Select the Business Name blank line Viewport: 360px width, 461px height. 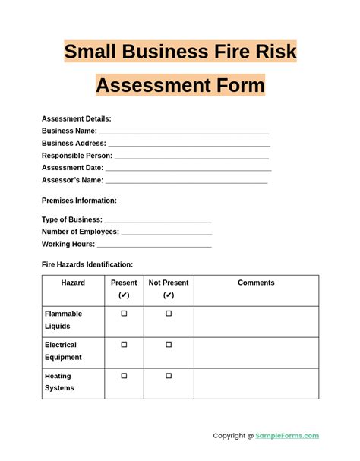click(x=184, y=131)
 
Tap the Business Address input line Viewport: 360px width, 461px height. click(x=189, y=144)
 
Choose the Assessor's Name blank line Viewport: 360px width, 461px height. click(x=186, y=181)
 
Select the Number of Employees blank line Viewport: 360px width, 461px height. click(x=166, y=232)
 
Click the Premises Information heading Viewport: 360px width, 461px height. click(x=79, y=201)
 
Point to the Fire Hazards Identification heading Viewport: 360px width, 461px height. click(x=87, y=264)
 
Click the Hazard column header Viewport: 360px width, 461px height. click(x=73, y=283)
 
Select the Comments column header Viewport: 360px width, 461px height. click(x=256, y=283)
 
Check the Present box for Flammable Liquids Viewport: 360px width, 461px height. click(x=124, y=314)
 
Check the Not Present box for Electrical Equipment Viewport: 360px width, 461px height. click(x=169, y=345)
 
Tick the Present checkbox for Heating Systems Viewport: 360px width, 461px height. click(x=124, y=376)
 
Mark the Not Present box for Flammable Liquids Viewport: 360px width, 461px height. click(x=169, y=314)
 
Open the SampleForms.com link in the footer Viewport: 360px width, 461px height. click(x=287, y=436)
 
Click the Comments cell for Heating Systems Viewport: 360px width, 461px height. click(x=256, y=384)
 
